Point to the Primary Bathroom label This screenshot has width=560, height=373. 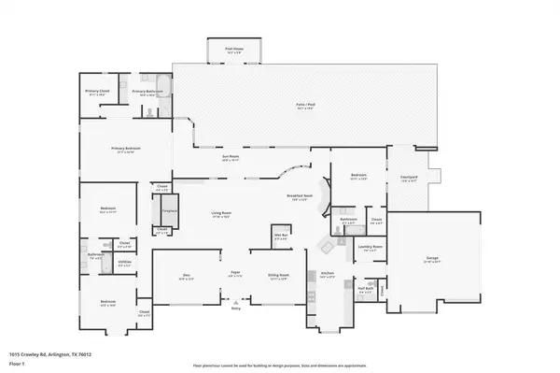[x=150, y=93]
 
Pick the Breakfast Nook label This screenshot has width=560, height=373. [x=299, y=197]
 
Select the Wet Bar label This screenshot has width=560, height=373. [x=278, y=237]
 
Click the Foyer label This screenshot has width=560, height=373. [x=236, y=276]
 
